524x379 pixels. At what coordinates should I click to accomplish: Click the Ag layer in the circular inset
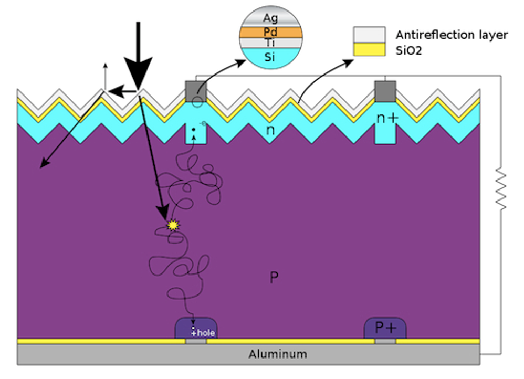tap(271, 17)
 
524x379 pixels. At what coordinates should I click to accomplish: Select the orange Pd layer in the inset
tap(271, 32)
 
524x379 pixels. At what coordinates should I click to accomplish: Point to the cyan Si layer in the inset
tap(271, 58)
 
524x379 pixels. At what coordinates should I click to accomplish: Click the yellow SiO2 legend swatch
tap(369, 49)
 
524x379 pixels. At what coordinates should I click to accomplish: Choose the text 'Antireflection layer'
tap(452, 35)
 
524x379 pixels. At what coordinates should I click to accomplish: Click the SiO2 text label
tap(408, 50)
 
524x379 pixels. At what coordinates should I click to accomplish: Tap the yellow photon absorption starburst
tap(173, 225)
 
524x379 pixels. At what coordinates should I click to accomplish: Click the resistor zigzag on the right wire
tap(500, 188)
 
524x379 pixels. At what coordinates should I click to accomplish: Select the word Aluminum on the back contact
tap(278, 354)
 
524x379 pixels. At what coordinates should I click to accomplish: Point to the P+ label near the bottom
tap(385, 328)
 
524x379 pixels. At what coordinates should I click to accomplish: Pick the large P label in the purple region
tap(274, 277)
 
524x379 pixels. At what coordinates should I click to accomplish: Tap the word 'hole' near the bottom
tap(206, 333)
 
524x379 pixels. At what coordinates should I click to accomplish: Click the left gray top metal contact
tap(196, 91)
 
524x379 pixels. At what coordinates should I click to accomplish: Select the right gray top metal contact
tap(385, 91)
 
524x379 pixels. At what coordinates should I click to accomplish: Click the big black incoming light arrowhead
tap(139, 73)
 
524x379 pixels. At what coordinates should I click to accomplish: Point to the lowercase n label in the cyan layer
tap(270, 130)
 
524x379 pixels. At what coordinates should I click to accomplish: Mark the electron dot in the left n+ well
tap(194, 129)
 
